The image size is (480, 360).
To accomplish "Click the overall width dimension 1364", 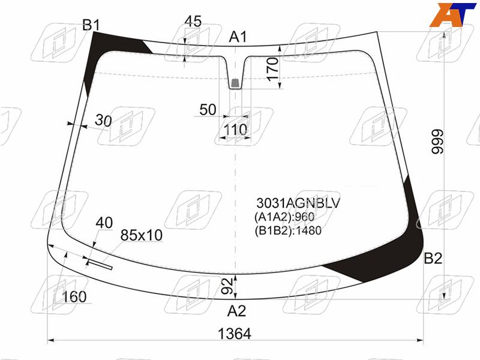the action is (234, 334).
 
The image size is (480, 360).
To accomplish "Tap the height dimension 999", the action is (437, 142).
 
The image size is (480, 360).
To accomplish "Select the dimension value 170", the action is (272, 69).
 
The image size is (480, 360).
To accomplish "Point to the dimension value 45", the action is (193, 21).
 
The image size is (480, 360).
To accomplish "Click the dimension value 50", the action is (208, 110).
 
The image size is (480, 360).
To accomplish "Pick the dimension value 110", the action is (235, 130).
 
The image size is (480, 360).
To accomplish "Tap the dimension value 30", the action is (103, 121).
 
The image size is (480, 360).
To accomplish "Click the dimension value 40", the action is (104, 223).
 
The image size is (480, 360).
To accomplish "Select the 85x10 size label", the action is (142, 235).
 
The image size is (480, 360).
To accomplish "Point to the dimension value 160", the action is (74, 296).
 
